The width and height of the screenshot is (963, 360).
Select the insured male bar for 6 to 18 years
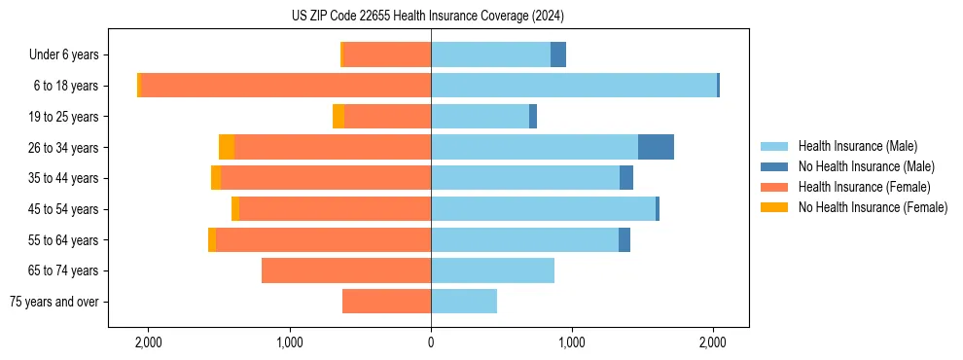click(x=574, y=86)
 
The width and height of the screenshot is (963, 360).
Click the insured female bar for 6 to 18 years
click(x=286, y=86)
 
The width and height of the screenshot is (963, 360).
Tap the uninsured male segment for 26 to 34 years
click(x=656, y=147)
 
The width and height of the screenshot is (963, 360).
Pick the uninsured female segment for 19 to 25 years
click(x=339, y=117)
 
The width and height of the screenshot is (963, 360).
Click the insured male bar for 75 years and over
click(x=464, y=302)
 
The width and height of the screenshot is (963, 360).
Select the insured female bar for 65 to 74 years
click(x=346, y=270)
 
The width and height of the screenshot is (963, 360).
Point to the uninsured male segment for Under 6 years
click(x=558, y=54)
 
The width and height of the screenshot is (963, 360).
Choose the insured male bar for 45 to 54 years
click(x=543, y=209)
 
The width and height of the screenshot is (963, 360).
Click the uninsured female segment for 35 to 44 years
click(x=216, y=178)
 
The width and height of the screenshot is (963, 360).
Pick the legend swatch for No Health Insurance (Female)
click(x=774, y=207)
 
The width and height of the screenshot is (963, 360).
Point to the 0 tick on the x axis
click(x=431, y=342)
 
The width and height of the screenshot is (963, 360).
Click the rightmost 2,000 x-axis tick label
click(x=713, y=342)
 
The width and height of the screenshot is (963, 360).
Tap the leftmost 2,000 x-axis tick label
click(x=149, y=342)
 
